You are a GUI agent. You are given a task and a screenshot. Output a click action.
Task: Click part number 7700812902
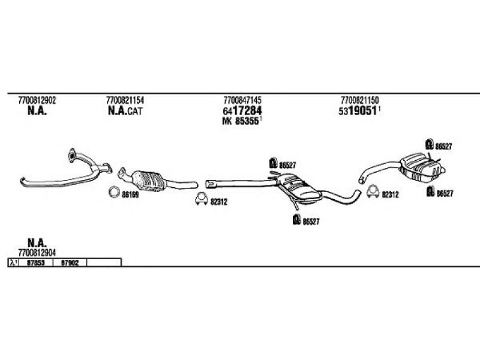pos(37,100)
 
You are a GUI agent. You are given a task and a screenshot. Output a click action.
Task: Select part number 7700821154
pos(124,100)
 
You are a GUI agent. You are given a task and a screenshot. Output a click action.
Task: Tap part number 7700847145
pos(242,100)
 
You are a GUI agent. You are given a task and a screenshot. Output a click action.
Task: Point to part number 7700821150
pos(359,100)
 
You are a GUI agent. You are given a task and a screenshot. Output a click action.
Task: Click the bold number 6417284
pos(242,111)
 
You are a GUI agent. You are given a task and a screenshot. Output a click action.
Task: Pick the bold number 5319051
pos(359,111)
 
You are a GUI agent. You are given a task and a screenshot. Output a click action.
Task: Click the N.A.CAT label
pos(125,111)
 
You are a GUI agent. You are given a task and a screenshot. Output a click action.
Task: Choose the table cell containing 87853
pos(36,262)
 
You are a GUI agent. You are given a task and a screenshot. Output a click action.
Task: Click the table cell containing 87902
pos(70,262)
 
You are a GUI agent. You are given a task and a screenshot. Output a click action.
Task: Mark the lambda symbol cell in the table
pos(13,262)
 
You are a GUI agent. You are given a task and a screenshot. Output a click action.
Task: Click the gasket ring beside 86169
pos(113,193)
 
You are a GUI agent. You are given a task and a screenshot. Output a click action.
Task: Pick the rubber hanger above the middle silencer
pos(272,163)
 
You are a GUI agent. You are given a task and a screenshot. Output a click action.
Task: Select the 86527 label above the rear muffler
pos(444,146)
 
